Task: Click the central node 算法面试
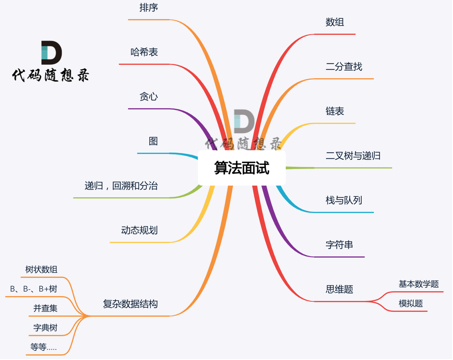[x=241, y=168]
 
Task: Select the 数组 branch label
[x=335, y=23]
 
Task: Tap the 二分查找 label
[x=344, y=67]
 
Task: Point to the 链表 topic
[x=335, y=111]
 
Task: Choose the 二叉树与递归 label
[x=353, y=156]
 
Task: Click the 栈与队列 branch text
[x=344, y=200]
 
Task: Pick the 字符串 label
[x=339, y=245]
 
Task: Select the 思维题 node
[x=339, y=289]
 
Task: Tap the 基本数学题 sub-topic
[x=418, y=284]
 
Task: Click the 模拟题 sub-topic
[x=411, y=303]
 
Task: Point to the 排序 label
[x=149, y=8]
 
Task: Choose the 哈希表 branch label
[x=144, y=52]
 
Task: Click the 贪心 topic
[x=149, y=97]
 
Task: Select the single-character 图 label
[x=153, y=141]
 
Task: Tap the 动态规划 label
[x=140, y=230]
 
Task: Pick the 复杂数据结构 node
[x=131, y=304]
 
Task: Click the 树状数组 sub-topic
[x=41, y=270]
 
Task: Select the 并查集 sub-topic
[x=46, y=309]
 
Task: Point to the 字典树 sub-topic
[x=46, y=328]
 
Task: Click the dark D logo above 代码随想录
[x=51, y=52]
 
